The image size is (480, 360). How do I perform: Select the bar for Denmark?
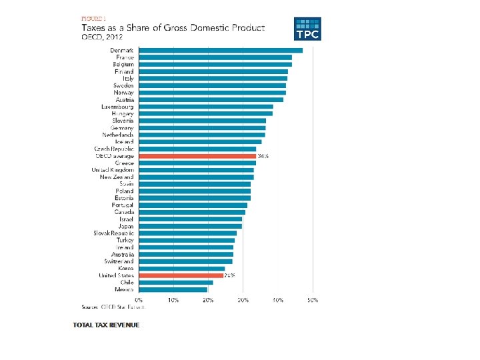pyautogui.click(x=221, y=51)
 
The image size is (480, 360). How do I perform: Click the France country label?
pyautogui.click(x=124, y=57)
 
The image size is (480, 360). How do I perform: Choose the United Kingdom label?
pyautogui.click(x=113, y=170)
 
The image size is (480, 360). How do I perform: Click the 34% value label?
pyautogui.click(x=263, y=156)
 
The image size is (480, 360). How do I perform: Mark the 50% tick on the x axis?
pyautogui.click(x=313, y=301)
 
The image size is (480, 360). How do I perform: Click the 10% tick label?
pyautogui.click(x=173, y=301)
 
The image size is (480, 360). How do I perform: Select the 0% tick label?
pyautogui.click(x=139, y=301)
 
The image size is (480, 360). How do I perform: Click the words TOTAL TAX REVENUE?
pyautogui.click(x=107, y=325)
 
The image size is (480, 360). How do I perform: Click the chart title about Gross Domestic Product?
pyautogui.click(x=173, y=28)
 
